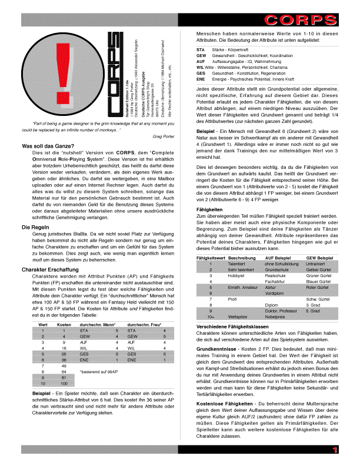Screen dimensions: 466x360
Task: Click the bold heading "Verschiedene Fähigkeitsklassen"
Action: pyautogui.click(x=234, y=327)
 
